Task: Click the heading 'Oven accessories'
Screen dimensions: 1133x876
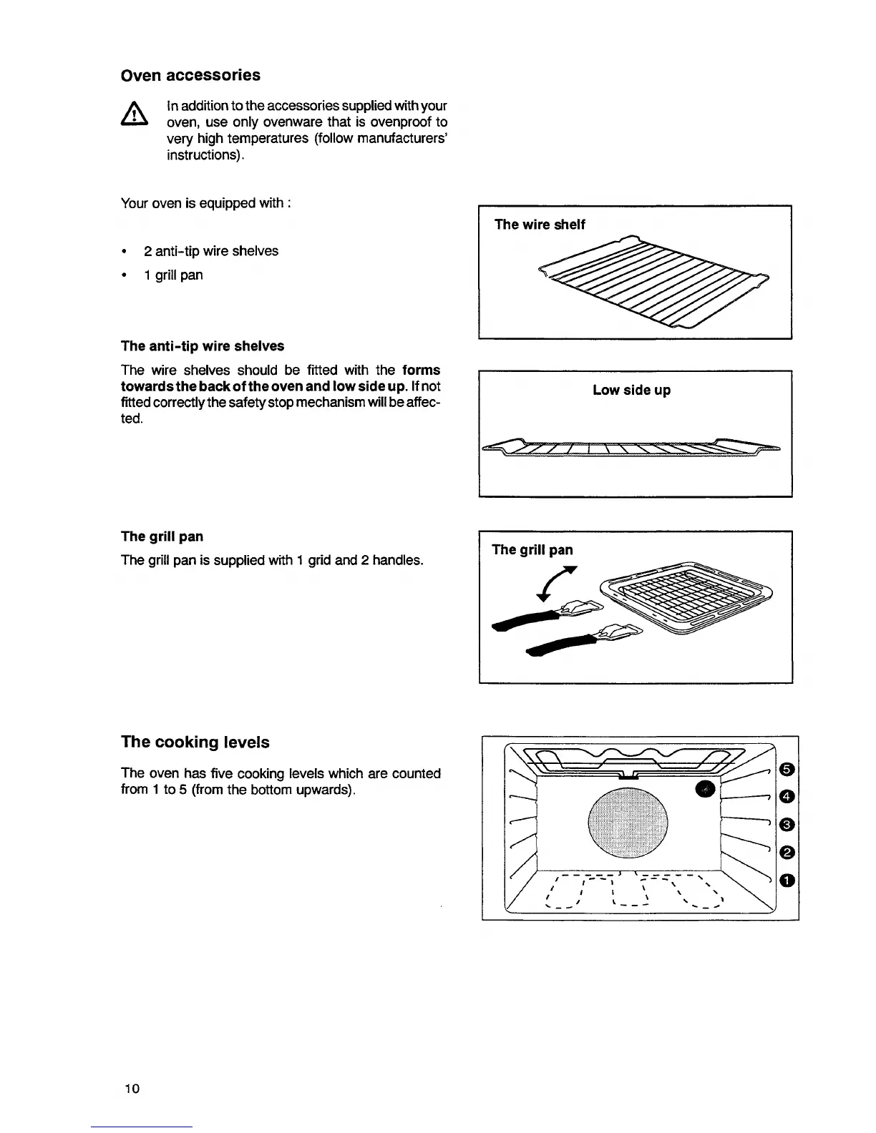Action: pyautogui.click(x=190, y=75)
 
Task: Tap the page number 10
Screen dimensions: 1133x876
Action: pyautogui.click(x=131, y=1089)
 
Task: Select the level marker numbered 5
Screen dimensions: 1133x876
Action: pyautogui.click(x=787, y=768)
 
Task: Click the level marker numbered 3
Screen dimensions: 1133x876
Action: pyautogui.click(x=787, y=825)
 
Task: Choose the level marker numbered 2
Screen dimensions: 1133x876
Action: pyautogui.click(x=787, y=852)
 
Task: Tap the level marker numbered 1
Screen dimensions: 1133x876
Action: pyautogui.click(x=787, y=880)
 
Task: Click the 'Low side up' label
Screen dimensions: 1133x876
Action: pyautogui.click(x=631, y=390)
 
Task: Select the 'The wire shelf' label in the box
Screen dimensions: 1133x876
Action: pyautogui.click(x=540, y=225)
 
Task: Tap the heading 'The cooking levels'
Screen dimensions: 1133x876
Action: pyautogui.click(x=195, y=742)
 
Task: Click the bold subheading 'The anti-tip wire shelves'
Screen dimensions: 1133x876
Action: pyautogui.click(x=203, y=346)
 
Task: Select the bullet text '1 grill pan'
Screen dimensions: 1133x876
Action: pyautogui.click(x=173, y=275)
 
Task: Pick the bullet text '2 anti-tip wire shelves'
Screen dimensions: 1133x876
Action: pyautogui.click(x=211, y=251)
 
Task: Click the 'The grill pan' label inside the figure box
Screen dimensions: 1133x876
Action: pyautogui.click(x=532, y=549)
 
